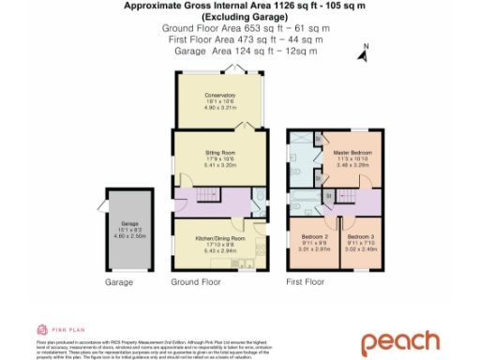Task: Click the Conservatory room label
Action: (220, 96)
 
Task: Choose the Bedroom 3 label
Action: (359, 236)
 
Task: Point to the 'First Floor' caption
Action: (305, 281)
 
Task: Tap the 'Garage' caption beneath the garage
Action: (118, 281)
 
